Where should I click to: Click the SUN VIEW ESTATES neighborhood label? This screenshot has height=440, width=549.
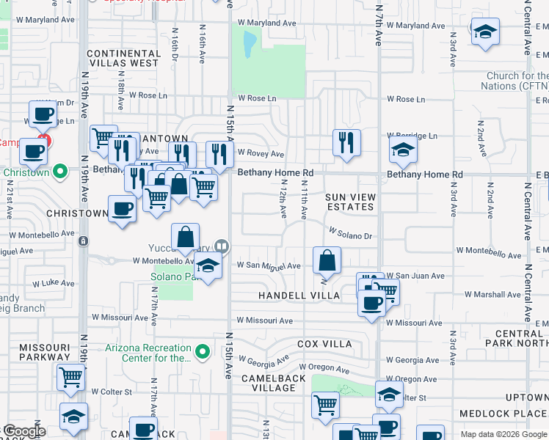[350, 202]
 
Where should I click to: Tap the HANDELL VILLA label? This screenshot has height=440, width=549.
[299, 296]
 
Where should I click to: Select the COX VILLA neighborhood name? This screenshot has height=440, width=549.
[324, 344]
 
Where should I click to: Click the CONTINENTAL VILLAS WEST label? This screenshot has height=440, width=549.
[123, 59]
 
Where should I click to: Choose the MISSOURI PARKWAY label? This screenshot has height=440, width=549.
[45, 352]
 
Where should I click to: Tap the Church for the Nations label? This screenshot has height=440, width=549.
[517, 81]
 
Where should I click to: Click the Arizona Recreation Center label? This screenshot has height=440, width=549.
[148, 353]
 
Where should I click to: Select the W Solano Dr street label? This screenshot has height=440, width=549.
[352, 234]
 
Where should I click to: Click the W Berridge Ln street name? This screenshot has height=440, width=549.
[412, 136]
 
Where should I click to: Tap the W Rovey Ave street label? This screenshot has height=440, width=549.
[260, 154]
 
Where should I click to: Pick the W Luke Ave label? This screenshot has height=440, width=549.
[53, 283]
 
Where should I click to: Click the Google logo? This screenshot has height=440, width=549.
[24, 431]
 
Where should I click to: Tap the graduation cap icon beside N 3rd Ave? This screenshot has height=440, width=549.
[484, 32]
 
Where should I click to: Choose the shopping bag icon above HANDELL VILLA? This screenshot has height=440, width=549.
[327, 260]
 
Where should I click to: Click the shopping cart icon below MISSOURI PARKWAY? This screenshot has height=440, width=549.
[71, 378]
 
